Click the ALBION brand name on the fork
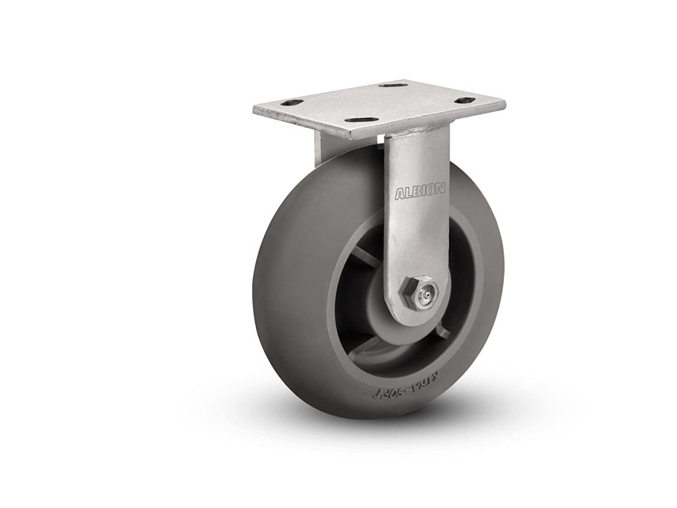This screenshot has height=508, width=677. coord(420,192)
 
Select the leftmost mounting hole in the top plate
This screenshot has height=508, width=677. coord(292,103)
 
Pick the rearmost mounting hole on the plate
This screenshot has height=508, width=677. coord(393,85)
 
